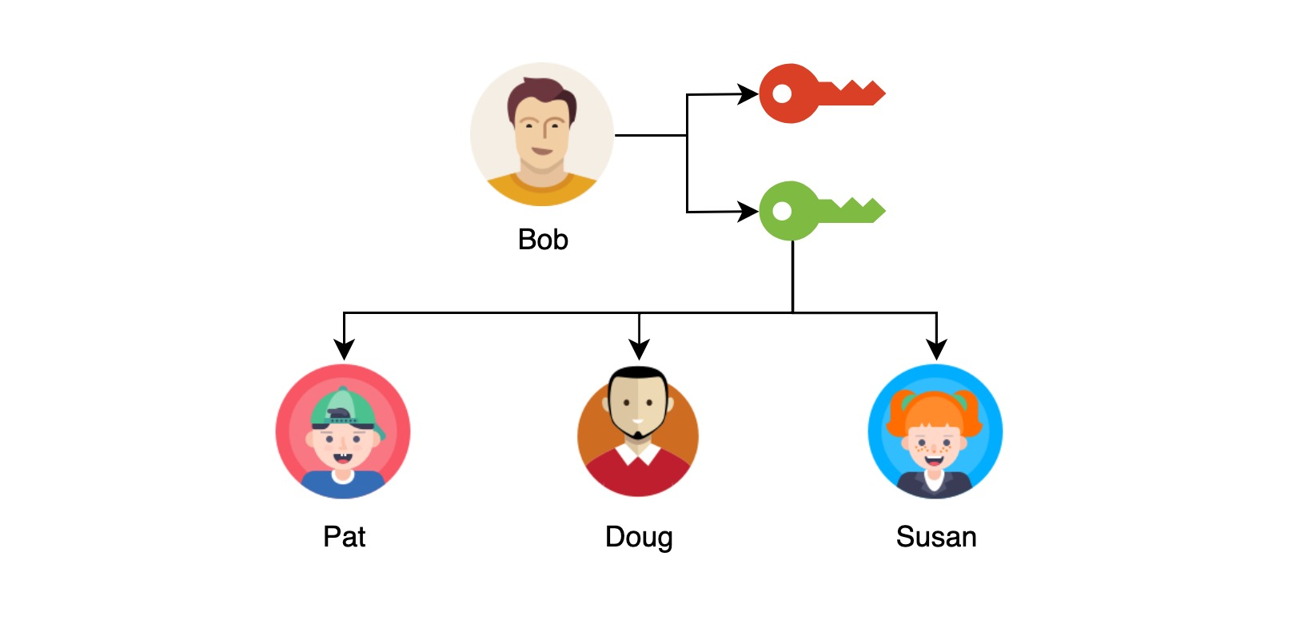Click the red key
(815, 94)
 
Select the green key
(815, 212)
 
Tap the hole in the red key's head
(782, 94)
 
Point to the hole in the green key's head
(782, 212)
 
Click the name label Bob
(543, 240)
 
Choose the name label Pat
(344, 537)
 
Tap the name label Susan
(936, 537)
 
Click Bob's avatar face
(541, 136)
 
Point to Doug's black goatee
(637, 435)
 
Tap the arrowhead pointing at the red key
(748, 94)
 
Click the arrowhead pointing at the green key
(748, 212)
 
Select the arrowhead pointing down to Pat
(344, 350)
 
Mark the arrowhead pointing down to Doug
(639, 350)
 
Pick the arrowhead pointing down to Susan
(936, 350)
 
